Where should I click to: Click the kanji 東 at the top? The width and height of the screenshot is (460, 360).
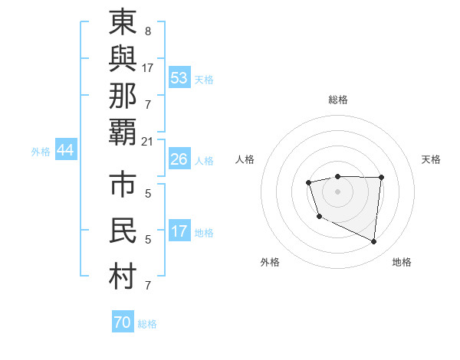(x=123, y=22)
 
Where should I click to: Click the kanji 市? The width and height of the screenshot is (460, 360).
(x=123, y=187)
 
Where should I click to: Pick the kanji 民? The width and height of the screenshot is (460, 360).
(x=123, y=232)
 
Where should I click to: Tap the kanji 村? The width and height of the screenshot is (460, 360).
(x=123, y=277)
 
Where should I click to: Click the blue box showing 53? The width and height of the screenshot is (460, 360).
(x=179, y=77)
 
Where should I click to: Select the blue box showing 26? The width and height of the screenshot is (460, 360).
(x=179, y=160)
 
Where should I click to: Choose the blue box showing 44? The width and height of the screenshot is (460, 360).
(x=66, y=151)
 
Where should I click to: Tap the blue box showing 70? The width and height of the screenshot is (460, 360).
(x=123, y=322)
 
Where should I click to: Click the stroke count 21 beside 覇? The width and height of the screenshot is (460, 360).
(x=148, y=141)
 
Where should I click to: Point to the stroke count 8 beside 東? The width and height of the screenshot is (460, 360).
(x=147, y=31)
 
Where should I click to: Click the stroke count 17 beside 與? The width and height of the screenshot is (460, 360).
(x=148, y=67)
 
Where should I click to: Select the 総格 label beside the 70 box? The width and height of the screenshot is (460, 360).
(x=148, y=324)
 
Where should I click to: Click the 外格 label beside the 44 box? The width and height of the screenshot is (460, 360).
(x=41, y=152)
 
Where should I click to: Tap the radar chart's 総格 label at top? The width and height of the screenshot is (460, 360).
(x=337, y=100)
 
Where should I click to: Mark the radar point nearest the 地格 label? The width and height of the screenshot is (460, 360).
(x=374, y=242)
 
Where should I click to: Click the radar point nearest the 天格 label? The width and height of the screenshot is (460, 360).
(x=381, y=178)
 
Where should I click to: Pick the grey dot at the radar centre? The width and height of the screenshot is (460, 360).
(x=337, y=191)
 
